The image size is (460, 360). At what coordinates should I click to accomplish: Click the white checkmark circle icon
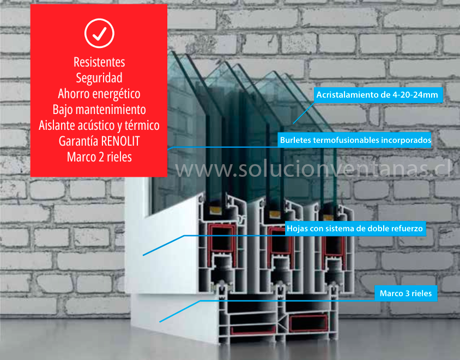(99, 34)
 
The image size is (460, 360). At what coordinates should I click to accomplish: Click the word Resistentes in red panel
(99, 62)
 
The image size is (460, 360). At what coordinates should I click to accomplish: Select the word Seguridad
(99, 78)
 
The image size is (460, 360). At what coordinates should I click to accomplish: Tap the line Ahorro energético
(99, 94)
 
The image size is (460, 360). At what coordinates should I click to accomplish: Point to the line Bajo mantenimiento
(99, 110)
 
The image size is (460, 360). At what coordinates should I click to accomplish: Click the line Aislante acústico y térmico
(99, 125)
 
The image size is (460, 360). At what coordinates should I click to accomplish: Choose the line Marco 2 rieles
(99, 157)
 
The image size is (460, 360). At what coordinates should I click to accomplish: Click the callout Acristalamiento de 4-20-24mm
(377, 95)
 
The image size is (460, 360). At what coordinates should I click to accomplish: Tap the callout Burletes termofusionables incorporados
(355, 140)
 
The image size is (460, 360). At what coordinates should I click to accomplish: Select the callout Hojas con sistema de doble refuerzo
(355, 229)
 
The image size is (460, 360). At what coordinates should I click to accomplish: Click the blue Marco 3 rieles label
(405, 293)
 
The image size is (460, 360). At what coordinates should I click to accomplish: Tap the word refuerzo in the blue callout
(405, 229)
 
